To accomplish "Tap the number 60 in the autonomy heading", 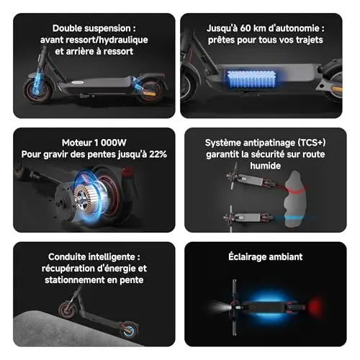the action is click(x=246, y=28).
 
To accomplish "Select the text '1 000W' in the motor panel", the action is click(x=110, y=143).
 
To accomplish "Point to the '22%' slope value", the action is click(x=158, y=154).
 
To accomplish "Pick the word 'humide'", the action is click(x=266, y=166).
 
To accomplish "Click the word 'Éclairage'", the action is click(x=248, y=257).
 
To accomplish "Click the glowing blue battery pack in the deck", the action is click(x=251, y=78).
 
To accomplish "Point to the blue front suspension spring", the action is click(x=37, y=81).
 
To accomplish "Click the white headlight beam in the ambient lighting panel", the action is click(x=219, y=307).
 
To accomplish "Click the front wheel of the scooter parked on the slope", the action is click(x=68, y=310).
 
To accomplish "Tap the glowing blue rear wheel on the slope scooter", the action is click(x=129, y=330).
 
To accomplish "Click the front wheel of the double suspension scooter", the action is click(x=37, y=91).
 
